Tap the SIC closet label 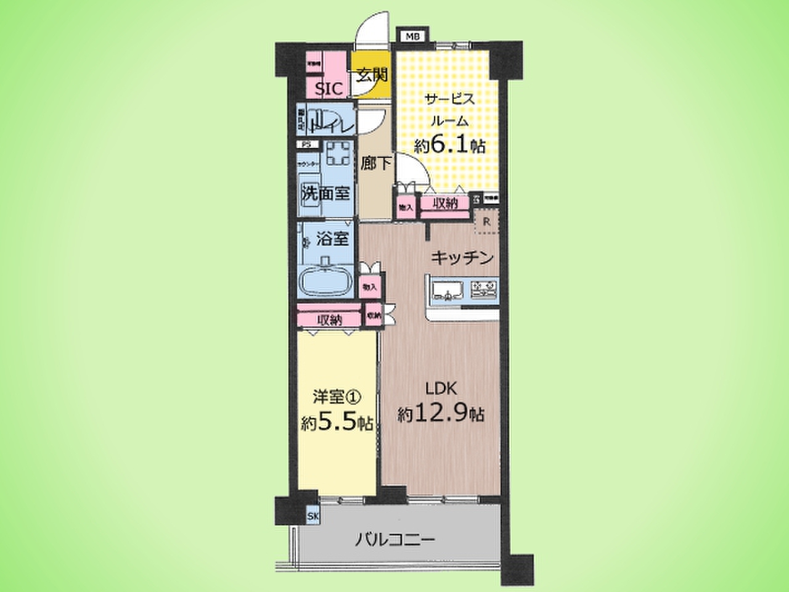tap(329, 89)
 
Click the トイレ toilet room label tap(333, 126)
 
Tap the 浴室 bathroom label tap(333, 239)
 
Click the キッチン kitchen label tap(462, 258)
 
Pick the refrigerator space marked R tap(486, 222)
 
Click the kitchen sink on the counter tap(449, 289)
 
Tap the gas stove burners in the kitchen tap(484, 289)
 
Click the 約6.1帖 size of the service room tap(449, 146)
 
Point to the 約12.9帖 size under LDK tap(441, 414)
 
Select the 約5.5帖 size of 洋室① tap(337, 423)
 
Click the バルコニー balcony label tap(395, 541)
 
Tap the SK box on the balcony tap(313, 516)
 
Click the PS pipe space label tap(305, 145)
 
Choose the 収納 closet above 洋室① tap(330, 320)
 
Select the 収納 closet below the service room tap(445, 204)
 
